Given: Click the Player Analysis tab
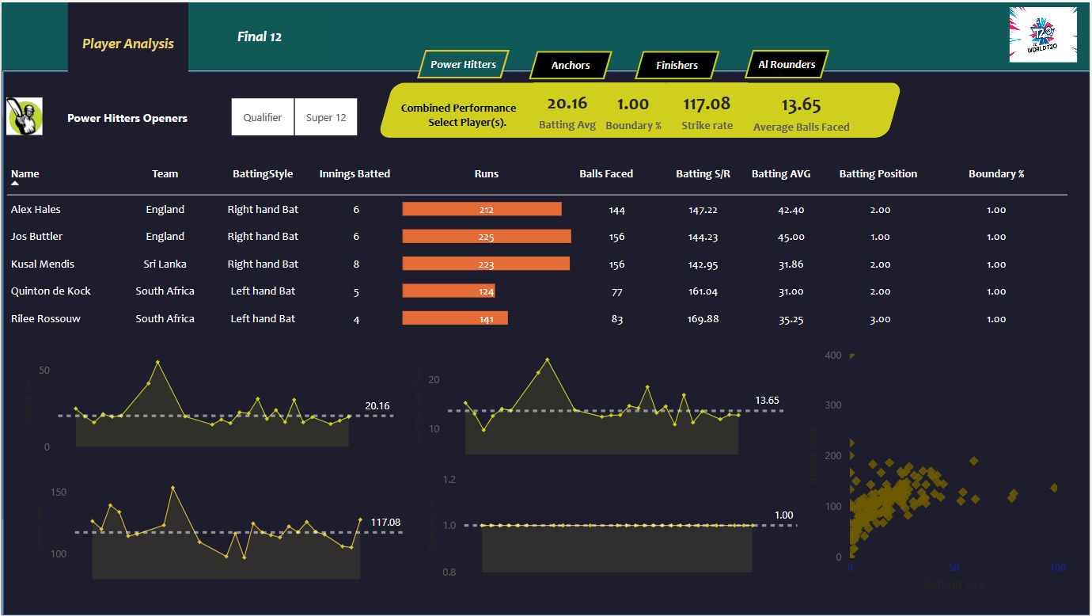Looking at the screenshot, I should point(128,44).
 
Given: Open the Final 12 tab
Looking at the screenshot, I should point(260,36).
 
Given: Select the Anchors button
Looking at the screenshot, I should point(571,66).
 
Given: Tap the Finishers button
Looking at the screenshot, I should point(677,66).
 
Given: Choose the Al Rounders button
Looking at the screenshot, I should point(787,65).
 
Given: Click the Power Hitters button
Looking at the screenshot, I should point(464,65).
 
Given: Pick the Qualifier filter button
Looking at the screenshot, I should point(263,117).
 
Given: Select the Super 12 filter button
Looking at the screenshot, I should point(326,117).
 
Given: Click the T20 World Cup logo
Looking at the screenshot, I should point(1043,35).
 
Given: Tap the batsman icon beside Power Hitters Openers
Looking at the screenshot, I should point(25,117).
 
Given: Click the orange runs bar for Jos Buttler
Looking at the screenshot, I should point(487,237).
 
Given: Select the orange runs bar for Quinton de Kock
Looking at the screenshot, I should point(449,291).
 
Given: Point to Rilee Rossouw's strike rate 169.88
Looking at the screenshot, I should point(703,319).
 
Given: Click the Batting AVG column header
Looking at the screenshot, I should point(781,174).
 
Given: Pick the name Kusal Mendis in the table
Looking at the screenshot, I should point(43,264).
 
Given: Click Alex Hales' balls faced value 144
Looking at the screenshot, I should point(617,210).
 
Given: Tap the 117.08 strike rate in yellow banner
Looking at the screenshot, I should point(707,105).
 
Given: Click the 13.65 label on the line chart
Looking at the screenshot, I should point(767,401).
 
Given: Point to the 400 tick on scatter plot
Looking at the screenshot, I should point(832,356).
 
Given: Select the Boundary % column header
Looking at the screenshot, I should point(996,174).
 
